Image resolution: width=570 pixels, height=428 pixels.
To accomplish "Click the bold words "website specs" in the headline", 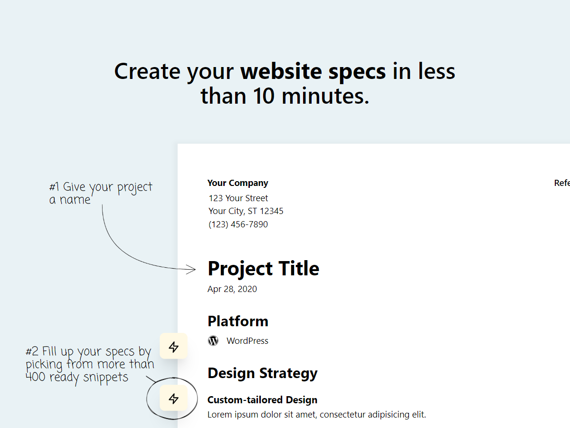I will pos(313,71).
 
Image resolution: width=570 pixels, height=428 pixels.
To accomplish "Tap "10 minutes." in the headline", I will pos(311,96).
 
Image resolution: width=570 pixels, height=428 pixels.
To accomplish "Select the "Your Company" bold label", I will pos(237,183).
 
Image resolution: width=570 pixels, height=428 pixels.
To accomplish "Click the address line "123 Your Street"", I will pos(238,198).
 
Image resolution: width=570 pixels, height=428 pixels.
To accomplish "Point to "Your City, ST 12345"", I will pos(246,211).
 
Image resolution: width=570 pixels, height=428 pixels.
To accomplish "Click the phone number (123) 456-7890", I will pos(238,224).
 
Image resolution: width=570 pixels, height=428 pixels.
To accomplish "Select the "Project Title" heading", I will pos(263,269).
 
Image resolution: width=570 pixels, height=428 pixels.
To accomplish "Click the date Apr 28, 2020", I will pos(232,289).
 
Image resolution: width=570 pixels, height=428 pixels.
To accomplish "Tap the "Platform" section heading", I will pos(237,321).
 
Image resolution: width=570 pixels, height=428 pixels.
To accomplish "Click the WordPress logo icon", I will pos(213,341).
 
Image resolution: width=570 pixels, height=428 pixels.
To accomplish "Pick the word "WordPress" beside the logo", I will pos(247,341).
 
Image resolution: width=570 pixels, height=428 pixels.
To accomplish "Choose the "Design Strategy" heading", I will pos(262,373).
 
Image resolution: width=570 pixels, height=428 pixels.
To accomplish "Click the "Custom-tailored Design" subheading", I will pos(262,400).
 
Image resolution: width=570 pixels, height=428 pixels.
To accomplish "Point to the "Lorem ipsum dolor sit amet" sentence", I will pos(316,415).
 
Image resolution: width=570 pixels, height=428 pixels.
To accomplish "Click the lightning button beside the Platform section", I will pos(174,347).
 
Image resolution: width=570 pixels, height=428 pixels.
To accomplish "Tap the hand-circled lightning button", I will pos(174,399).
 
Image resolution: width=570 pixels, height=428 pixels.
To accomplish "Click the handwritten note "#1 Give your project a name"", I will pos(101,193).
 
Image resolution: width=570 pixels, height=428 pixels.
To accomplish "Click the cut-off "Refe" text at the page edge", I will pos(561,183).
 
